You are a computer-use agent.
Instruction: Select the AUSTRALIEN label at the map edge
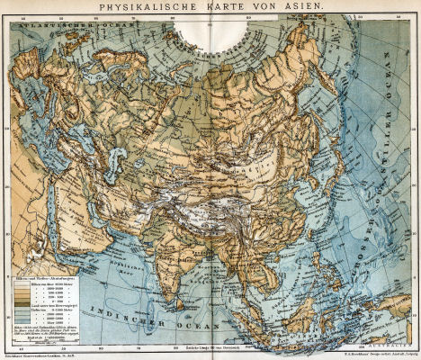click(375, 340)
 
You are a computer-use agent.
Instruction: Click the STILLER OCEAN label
click(378, 135)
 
